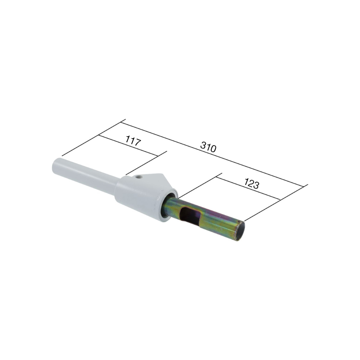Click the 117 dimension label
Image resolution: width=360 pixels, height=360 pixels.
(x=133, y=141)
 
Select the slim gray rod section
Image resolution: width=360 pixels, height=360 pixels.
(x=85, y=177)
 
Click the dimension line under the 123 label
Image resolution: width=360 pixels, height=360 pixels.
(x=250, y=188)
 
